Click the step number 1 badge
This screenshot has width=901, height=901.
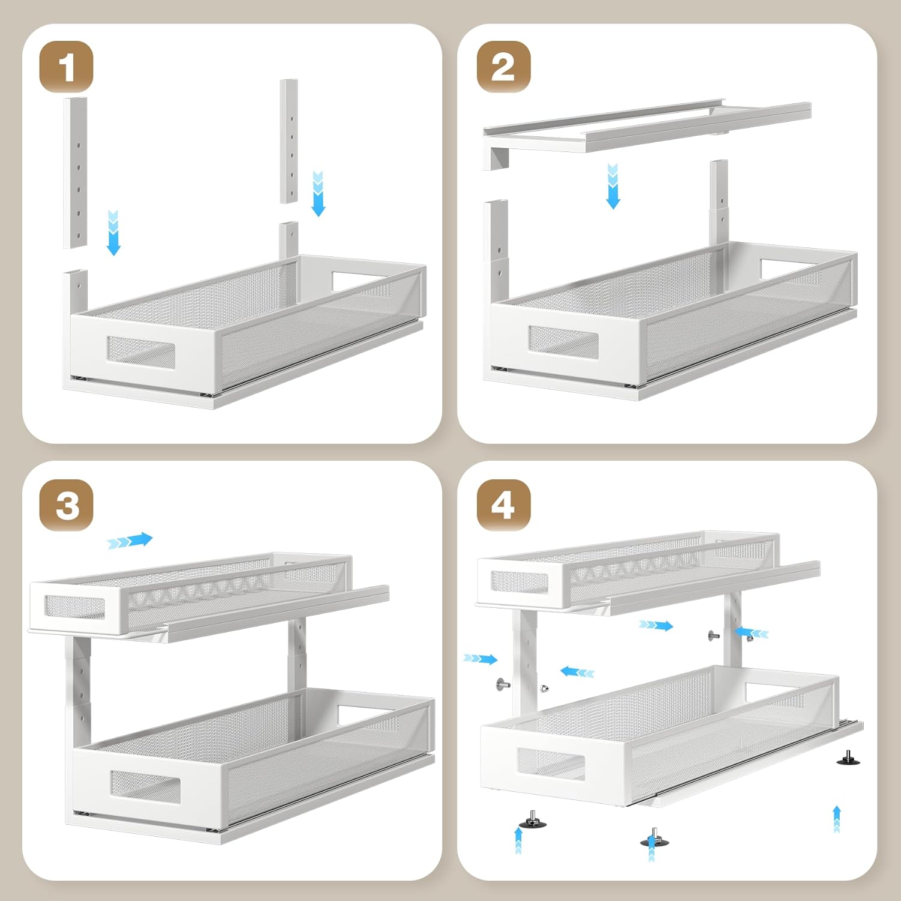(66, 67)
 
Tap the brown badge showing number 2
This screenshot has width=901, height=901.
(503, 67)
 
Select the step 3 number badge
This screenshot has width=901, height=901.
(66, 505)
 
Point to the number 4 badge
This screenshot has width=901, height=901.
(503, 505)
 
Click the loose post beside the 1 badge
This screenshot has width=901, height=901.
(75, 172)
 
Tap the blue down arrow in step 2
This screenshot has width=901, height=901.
(613, 186)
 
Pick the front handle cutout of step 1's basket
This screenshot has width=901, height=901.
(141, 353)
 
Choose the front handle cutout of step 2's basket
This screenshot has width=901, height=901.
(563, 340)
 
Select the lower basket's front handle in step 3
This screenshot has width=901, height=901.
(145, 785)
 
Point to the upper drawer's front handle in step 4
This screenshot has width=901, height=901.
(520, 581)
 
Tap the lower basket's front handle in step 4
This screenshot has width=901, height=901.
(551, 763)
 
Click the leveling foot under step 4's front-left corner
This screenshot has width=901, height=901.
(532, 819)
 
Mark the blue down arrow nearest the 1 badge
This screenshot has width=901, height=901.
(114, 232)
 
